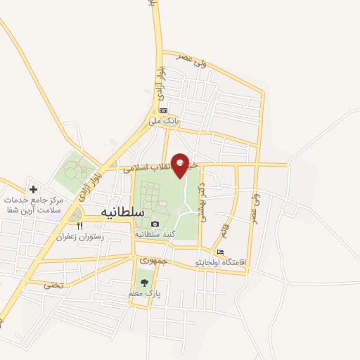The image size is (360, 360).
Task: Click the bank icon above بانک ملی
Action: pos(163,110)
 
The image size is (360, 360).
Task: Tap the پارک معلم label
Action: pos(144,292)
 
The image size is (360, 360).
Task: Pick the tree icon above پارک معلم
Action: pos(144,282)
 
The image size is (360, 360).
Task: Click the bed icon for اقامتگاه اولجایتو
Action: pos(221,252)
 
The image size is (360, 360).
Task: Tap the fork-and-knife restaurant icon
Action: pos(79,226)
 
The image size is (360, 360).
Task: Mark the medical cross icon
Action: pos(33,189)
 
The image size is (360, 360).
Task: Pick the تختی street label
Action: pos(53,284)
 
